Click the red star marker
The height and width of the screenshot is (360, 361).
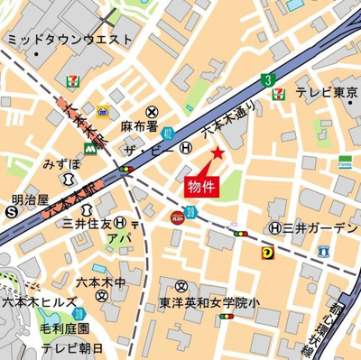click(x=217, y=154)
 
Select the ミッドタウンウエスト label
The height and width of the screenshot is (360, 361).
click(x=69, y=40)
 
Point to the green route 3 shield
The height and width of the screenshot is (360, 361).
click(x=267, y=79)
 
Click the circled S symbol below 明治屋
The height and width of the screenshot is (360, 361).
click(x=10, y=212)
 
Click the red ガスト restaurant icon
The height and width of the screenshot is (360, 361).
click(x=178, y=217)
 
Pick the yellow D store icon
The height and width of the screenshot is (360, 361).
click(x=267, y=254)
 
